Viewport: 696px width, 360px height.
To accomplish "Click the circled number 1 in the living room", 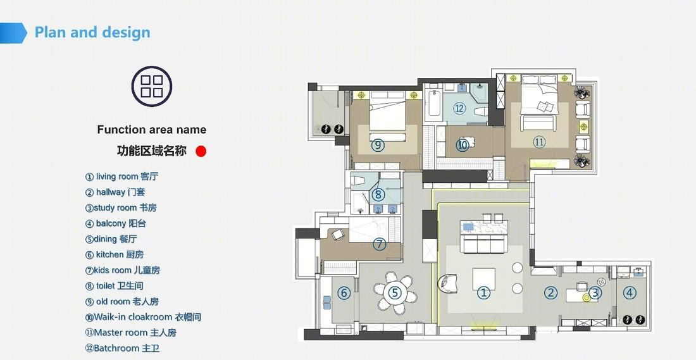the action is (x=484, y=293).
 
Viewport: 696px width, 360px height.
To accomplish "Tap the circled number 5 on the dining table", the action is (x=395, y=292).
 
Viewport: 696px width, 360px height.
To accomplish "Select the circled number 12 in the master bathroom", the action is (x=459, y=108).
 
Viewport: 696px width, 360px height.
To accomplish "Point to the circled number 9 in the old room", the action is (x=378, y=145).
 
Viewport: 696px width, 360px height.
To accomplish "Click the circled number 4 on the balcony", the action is (x=630, y=292).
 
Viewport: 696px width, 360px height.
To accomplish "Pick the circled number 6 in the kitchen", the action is (x=344, y=293).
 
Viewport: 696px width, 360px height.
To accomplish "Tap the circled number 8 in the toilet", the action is (x=378, y=194).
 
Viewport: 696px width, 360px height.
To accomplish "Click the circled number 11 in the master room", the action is (x=539, y=142).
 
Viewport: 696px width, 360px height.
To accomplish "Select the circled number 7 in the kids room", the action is (x=379, y=244).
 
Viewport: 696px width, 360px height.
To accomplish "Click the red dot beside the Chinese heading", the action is (x=201, y=151).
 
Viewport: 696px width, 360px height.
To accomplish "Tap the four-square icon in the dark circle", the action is (x=152, y=86).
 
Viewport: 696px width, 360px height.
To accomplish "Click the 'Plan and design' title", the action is (x=92, y=32).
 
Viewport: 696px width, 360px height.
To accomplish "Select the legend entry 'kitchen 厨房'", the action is (x=115, y=255).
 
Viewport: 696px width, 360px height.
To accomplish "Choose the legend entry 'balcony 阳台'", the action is (x=115, y=223).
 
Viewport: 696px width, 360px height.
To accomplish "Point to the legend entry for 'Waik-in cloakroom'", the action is (x=143, y=317).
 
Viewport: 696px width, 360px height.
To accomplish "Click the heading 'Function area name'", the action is (x=152, y=130).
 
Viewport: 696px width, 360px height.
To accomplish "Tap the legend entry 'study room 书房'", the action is (x=121, y=208).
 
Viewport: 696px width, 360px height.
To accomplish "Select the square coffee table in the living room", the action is (x=484, y=279).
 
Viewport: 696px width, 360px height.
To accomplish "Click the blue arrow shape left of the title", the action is (x=13, y=33).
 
